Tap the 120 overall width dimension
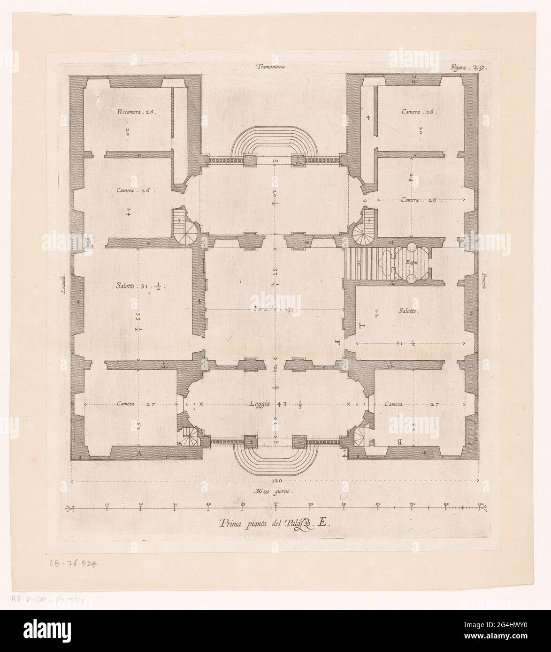pyautogui.click(x=275, y=481)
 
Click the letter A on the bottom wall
pyautogui.click(x=138, y=453)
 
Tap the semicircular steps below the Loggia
pyautogui.click(x=275, y=458)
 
